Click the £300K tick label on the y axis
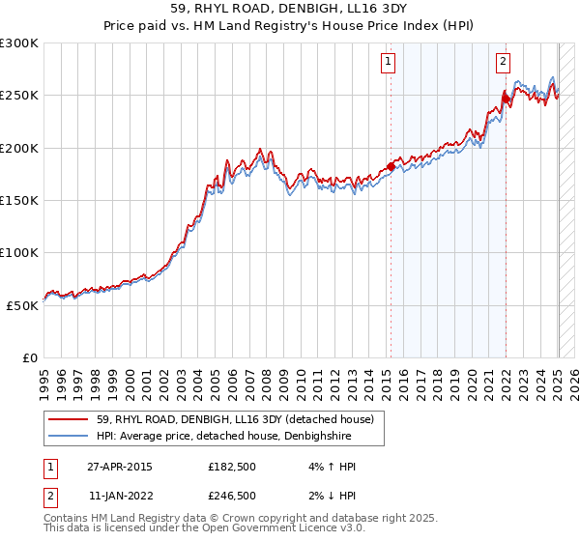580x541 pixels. click(x=19, y=43)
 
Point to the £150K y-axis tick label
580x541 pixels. click(x=19, y=200)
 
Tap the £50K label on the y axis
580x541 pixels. click(x=22, y=304)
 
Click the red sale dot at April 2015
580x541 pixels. click(x=391, y=166)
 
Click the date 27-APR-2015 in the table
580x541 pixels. click(x=120, y=467)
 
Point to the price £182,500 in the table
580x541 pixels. click(x=232, y=467)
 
